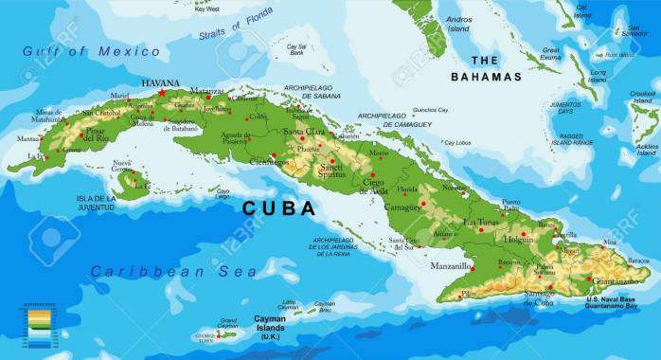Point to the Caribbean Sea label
(x=173, y=272)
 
